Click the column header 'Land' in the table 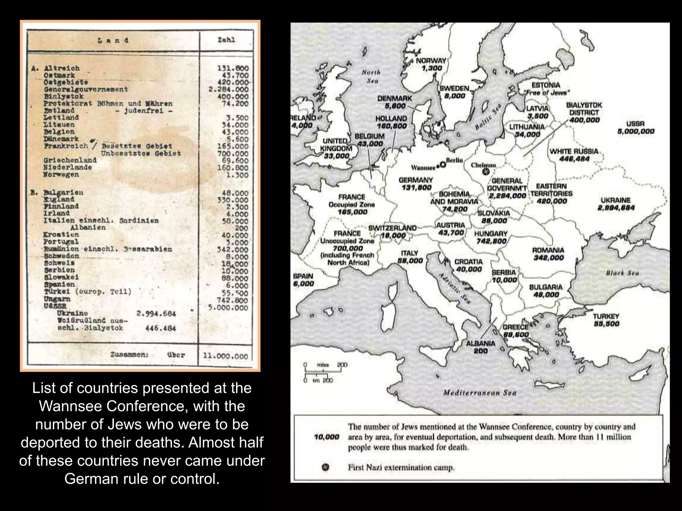pyautogui.click(x=113, y=41)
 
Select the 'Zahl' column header pyautogui.click(x=226, y=40)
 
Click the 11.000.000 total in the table pyautogui.click(x=225, y=356)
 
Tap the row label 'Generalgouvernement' pyautogui.click(x=86, y=89)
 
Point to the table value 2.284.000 pyautogui.click(x=228, y=89)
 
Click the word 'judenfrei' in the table pyautogui.click(x=144, y=110)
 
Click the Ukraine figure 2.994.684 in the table pyautogui.click(x=156, y=313)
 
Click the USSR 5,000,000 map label pyautogui.click(x=635, y=127)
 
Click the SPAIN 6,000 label pyautogui.click(x=303, y=280)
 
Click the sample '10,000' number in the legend pyautogui.click(x=326, y=437)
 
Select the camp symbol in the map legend pyautogui.click(x=326, y=467)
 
